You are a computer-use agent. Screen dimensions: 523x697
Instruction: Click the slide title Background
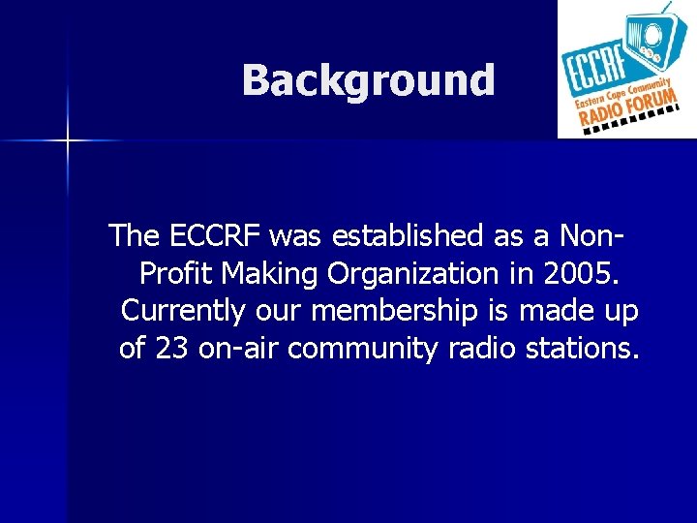pyautogui.click(x=368, y=80)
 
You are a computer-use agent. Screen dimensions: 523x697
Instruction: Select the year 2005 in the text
pyautogui.click(x=577, y=274)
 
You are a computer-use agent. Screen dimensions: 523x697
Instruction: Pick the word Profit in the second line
pyautogui.click(x=178, y=274)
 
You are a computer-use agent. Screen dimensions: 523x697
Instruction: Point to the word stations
pyautogui.click(x=586, y=348)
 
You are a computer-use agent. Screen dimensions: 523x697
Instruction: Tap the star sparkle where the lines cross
pyautogui.click(x=68, y=141)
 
